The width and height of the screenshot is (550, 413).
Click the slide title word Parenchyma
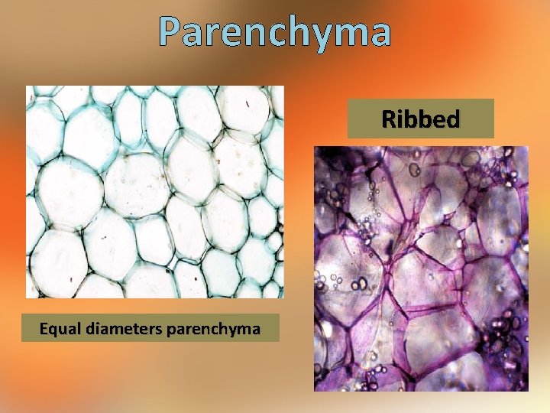click(x=275, y=31)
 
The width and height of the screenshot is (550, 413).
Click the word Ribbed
click(x=420, y=119)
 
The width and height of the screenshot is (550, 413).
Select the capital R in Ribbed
click(x=388, y=119)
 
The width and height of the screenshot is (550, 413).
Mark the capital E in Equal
click(x=44, y=329)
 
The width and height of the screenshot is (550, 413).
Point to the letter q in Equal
click(x=53, y=330)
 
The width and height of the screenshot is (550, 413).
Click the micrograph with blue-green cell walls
click(x=154, y=191)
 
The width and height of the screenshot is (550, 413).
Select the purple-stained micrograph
click(x=421, y=268)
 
